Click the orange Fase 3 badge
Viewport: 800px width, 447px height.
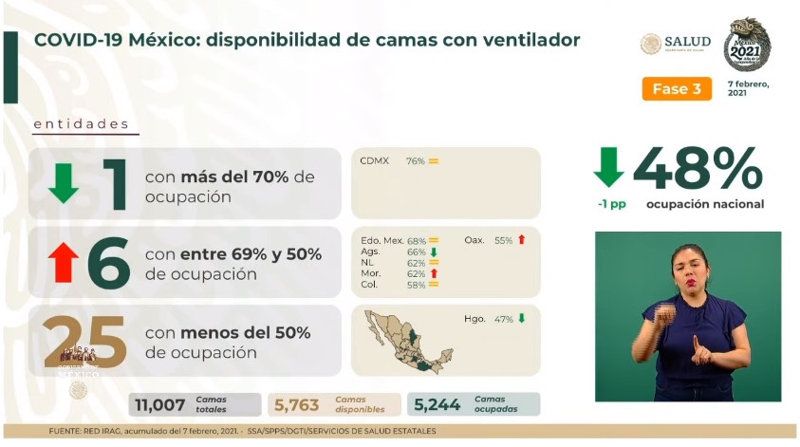click(677, 89)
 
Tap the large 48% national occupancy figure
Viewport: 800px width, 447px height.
click(698, 168)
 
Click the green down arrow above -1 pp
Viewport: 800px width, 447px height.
click(608, 167)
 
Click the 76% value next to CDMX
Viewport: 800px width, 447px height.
click(416, 161)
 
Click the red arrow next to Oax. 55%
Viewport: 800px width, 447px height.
click(521, 240)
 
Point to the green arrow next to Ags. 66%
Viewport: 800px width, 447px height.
click(433, 252)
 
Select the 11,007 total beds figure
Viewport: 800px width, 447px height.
click(160, 405)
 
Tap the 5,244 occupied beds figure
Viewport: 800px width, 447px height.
click(437, 405)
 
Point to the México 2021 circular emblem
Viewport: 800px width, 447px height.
click(747, 45)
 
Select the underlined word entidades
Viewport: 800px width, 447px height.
click(81, 124)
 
